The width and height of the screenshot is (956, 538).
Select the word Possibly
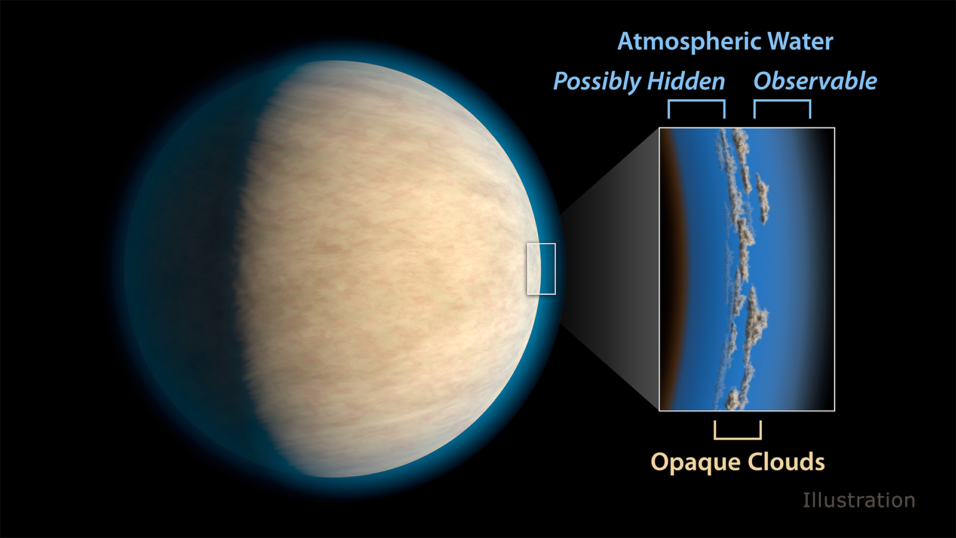point(597,82)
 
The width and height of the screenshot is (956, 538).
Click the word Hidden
point(686,81)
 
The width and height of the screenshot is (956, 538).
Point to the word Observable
point(815,81)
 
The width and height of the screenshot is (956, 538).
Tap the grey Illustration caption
point(859,500)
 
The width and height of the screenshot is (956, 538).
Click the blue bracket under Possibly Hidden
point(697,101)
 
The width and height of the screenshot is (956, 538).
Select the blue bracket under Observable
point(782,101)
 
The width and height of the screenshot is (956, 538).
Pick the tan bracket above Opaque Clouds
point(738,438)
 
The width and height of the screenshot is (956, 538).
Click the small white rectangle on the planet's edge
point(528,269)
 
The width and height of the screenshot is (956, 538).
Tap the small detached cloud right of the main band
point(762,198)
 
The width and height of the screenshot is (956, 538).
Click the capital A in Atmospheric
point(626,41)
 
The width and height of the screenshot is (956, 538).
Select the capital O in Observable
point(763,81)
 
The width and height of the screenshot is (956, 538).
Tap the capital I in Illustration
point(805,500)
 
